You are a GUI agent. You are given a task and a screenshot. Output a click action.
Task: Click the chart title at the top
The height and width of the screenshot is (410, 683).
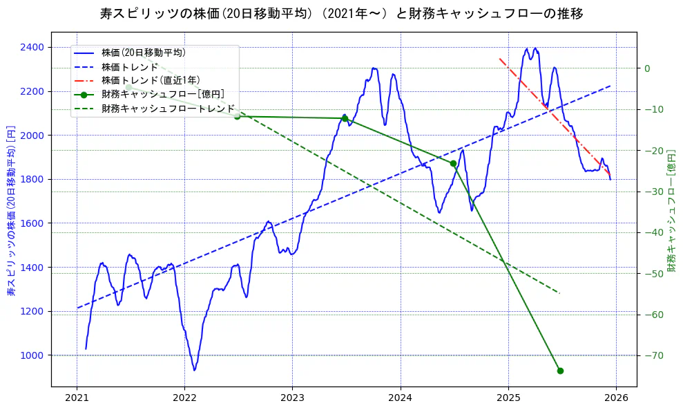pos(341,13)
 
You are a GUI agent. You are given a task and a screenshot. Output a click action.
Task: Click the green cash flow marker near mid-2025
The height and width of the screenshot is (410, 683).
pos(560,371)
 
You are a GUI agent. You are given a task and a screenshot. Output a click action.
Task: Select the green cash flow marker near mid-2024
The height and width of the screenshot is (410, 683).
pos(453,164)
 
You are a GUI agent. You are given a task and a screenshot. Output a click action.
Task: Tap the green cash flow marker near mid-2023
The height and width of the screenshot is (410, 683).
pos(345,118)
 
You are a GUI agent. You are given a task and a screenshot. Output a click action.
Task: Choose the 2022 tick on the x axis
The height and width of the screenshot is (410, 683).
pos(184,398)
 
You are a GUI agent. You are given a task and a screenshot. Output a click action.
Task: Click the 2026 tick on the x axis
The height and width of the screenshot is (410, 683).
pos(616,398)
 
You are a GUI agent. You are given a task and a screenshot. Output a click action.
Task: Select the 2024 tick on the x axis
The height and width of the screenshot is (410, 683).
pos(401,398)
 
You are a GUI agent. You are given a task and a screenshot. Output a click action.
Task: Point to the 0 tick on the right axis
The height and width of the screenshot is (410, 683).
pos(648,68)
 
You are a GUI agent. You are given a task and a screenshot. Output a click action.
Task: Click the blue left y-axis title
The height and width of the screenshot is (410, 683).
pos(11,211)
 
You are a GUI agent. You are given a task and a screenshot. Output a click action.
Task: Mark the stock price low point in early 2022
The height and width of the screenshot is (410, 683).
pos(195,370)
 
